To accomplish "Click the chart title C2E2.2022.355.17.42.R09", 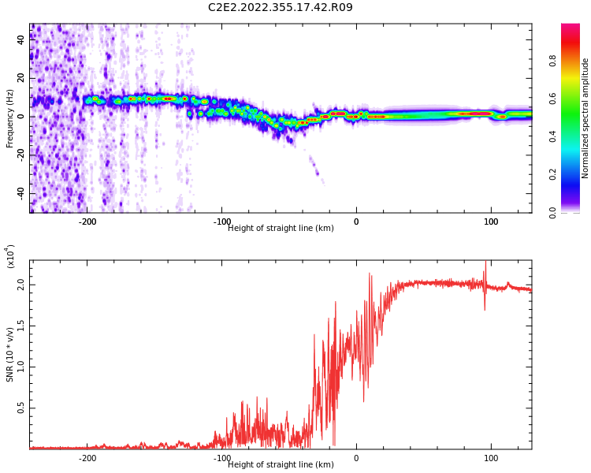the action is tap(280, 7).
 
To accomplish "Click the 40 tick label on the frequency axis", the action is tap(20, 39).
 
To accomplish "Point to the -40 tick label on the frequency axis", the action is tap(20, 193).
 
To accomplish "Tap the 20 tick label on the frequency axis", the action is tap(20, 78).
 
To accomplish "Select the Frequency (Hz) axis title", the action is tap(9, 118).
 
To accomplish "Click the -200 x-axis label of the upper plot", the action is tap(87, 222).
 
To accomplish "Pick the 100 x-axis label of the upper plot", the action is tap(491, 222).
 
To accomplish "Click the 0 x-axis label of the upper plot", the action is tap(356, 222).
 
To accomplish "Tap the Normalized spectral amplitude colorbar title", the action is tap(585, 118).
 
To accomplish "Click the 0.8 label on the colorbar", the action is tap(553, 61).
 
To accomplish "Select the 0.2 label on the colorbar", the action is tap(553, 174).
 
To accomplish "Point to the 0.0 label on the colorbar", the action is tap(553, 213).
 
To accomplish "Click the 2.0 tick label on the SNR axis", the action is tap(20, 285).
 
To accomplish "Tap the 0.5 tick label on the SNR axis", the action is tap(20, 408).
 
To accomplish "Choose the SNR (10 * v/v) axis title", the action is tap(9, 355).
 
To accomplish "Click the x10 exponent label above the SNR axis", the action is tap(10, 256).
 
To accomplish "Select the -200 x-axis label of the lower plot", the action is tap(87, 458).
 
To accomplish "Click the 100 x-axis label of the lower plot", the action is tap(491, 458).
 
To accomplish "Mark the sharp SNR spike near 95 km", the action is tap(485, 285).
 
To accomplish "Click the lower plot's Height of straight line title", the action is tap(281, 464).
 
